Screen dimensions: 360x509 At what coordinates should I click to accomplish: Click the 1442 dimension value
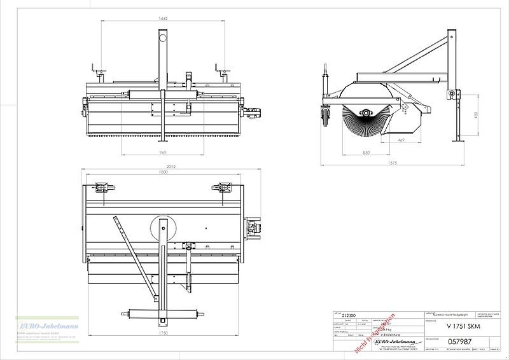click(x=163, y=19)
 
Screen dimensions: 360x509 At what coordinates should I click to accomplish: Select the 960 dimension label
click(x=163, y=153)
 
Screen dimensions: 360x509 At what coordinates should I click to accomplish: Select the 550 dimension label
click(x=366, y=153)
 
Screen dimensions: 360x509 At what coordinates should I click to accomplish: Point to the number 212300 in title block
click(x=349, y=314)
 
